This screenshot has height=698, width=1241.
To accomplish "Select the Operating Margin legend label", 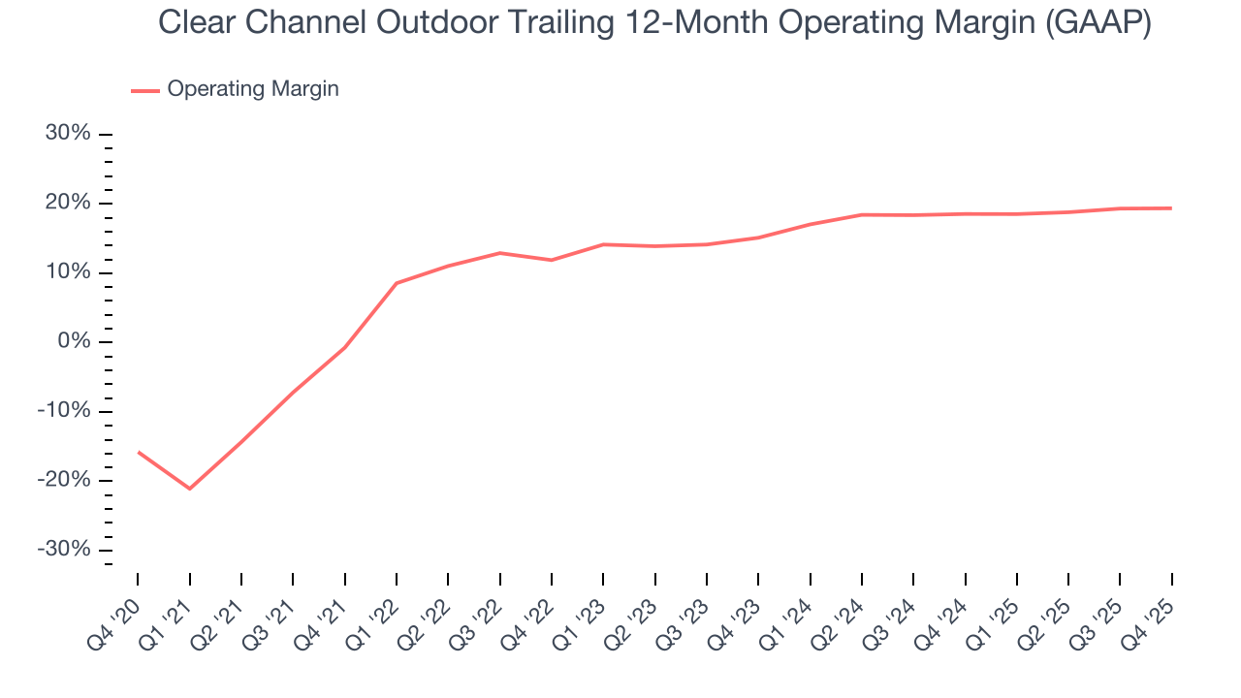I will (253, 89).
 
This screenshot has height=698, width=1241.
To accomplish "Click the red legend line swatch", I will (145, 91).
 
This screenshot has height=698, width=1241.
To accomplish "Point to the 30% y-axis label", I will (68, 134).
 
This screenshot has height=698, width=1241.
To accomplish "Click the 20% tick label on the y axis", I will (68, 204).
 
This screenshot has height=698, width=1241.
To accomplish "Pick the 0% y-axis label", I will (74, 342).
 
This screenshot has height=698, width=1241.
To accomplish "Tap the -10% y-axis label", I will (64, 411).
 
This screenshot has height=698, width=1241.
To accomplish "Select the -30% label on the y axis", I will (64, 550).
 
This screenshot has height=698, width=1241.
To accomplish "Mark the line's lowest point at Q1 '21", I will (189, 489).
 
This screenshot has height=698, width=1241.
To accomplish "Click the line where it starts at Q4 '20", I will (138, 452).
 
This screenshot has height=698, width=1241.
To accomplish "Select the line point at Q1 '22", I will (397, 283).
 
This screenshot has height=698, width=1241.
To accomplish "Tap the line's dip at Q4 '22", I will (552, 260).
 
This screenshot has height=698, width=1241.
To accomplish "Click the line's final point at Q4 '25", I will (1171, 208).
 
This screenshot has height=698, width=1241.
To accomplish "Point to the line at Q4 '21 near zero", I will (344, 347).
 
